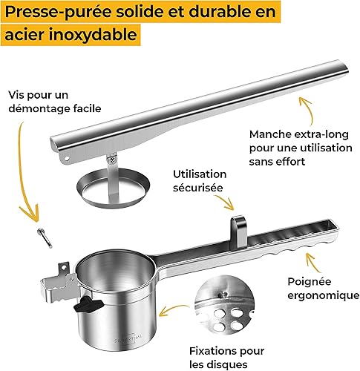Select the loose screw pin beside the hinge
45,237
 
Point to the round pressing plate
114,188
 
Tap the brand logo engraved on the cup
128,337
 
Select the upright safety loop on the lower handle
238,232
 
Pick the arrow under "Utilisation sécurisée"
225,202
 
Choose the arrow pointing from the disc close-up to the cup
172,309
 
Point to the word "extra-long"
321,134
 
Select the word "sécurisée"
197,188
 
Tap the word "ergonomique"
324,295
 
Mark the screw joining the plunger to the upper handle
112,160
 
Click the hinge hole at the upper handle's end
67,158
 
